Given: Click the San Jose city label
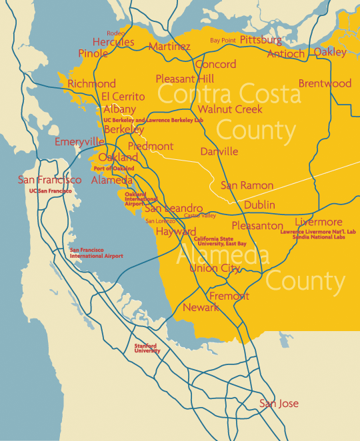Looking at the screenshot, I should tap(279, 404).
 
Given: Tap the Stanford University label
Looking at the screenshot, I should tap(148, 348).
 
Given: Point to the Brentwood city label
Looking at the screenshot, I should tap(325, 83).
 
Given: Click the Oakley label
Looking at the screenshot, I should tap(330, 52).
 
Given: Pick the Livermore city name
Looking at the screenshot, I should tap(318, 222).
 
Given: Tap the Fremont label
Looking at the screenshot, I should tap(229, 296).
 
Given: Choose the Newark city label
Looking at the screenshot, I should tap(201, 308).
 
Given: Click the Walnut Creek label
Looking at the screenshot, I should tap(230, 109).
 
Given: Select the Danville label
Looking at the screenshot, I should tap(219, 152).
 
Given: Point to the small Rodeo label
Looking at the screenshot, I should tap(116, 33).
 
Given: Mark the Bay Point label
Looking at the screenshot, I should tap(223, 41).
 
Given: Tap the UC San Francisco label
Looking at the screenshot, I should tap(50, 191).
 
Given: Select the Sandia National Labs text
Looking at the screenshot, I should tap(319, 237).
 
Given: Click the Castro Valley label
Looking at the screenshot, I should tap(200, 216).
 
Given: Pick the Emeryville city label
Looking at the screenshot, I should tap(79, 142).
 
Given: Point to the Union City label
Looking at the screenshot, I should tap(215, 268).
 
